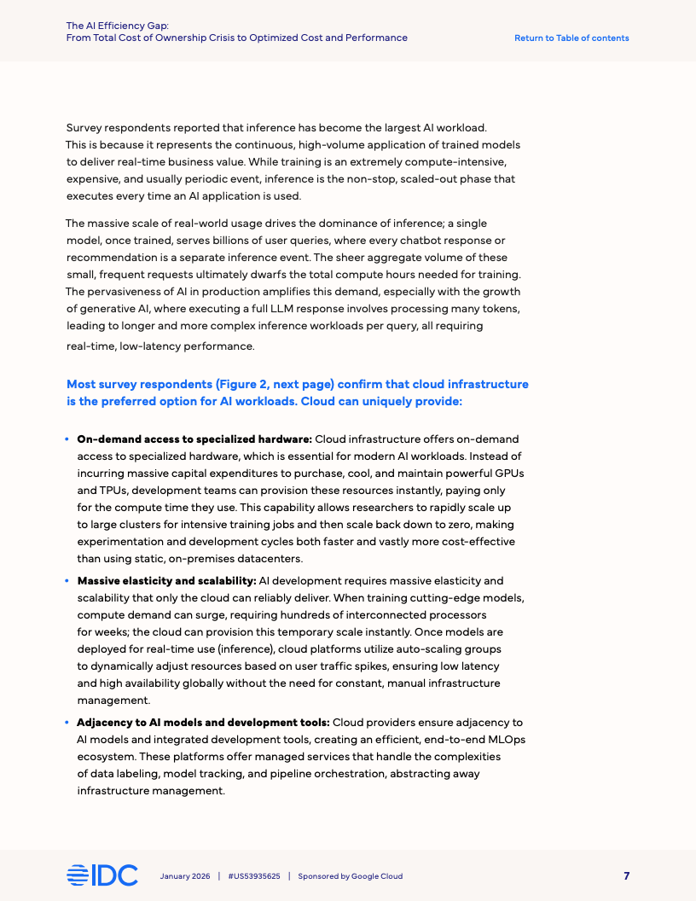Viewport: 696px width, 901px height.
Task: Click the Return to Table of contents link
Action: point(571,38)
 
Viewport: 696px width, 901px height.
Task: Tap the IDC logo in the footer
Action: point(102,875)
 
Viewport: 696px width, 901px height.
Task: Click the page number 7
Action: point(627,875)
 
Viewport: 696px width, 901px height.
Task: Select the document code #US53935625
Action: point(254,876)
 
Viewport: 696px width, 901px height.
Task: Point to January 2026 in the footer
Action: point(185,876)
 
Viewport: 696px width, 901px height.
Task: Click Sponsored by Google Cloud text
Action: point(350,876)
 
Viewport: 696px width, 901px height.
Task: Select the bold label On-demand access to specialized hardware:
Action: point(194,439)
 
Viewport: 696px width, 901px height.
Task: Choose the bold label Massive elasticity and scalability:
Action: point(166,581)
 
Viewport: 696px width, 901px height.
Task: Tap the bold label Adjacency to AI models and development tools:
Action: point(203,723)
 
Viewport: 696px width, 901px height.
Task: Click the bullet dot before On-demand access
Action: point(67,439)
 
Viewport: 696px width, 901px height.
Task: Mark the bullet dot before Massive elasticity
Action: point(67,581)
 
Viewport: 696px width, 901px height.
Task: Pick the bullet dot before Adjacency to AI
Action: point(67,723)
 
